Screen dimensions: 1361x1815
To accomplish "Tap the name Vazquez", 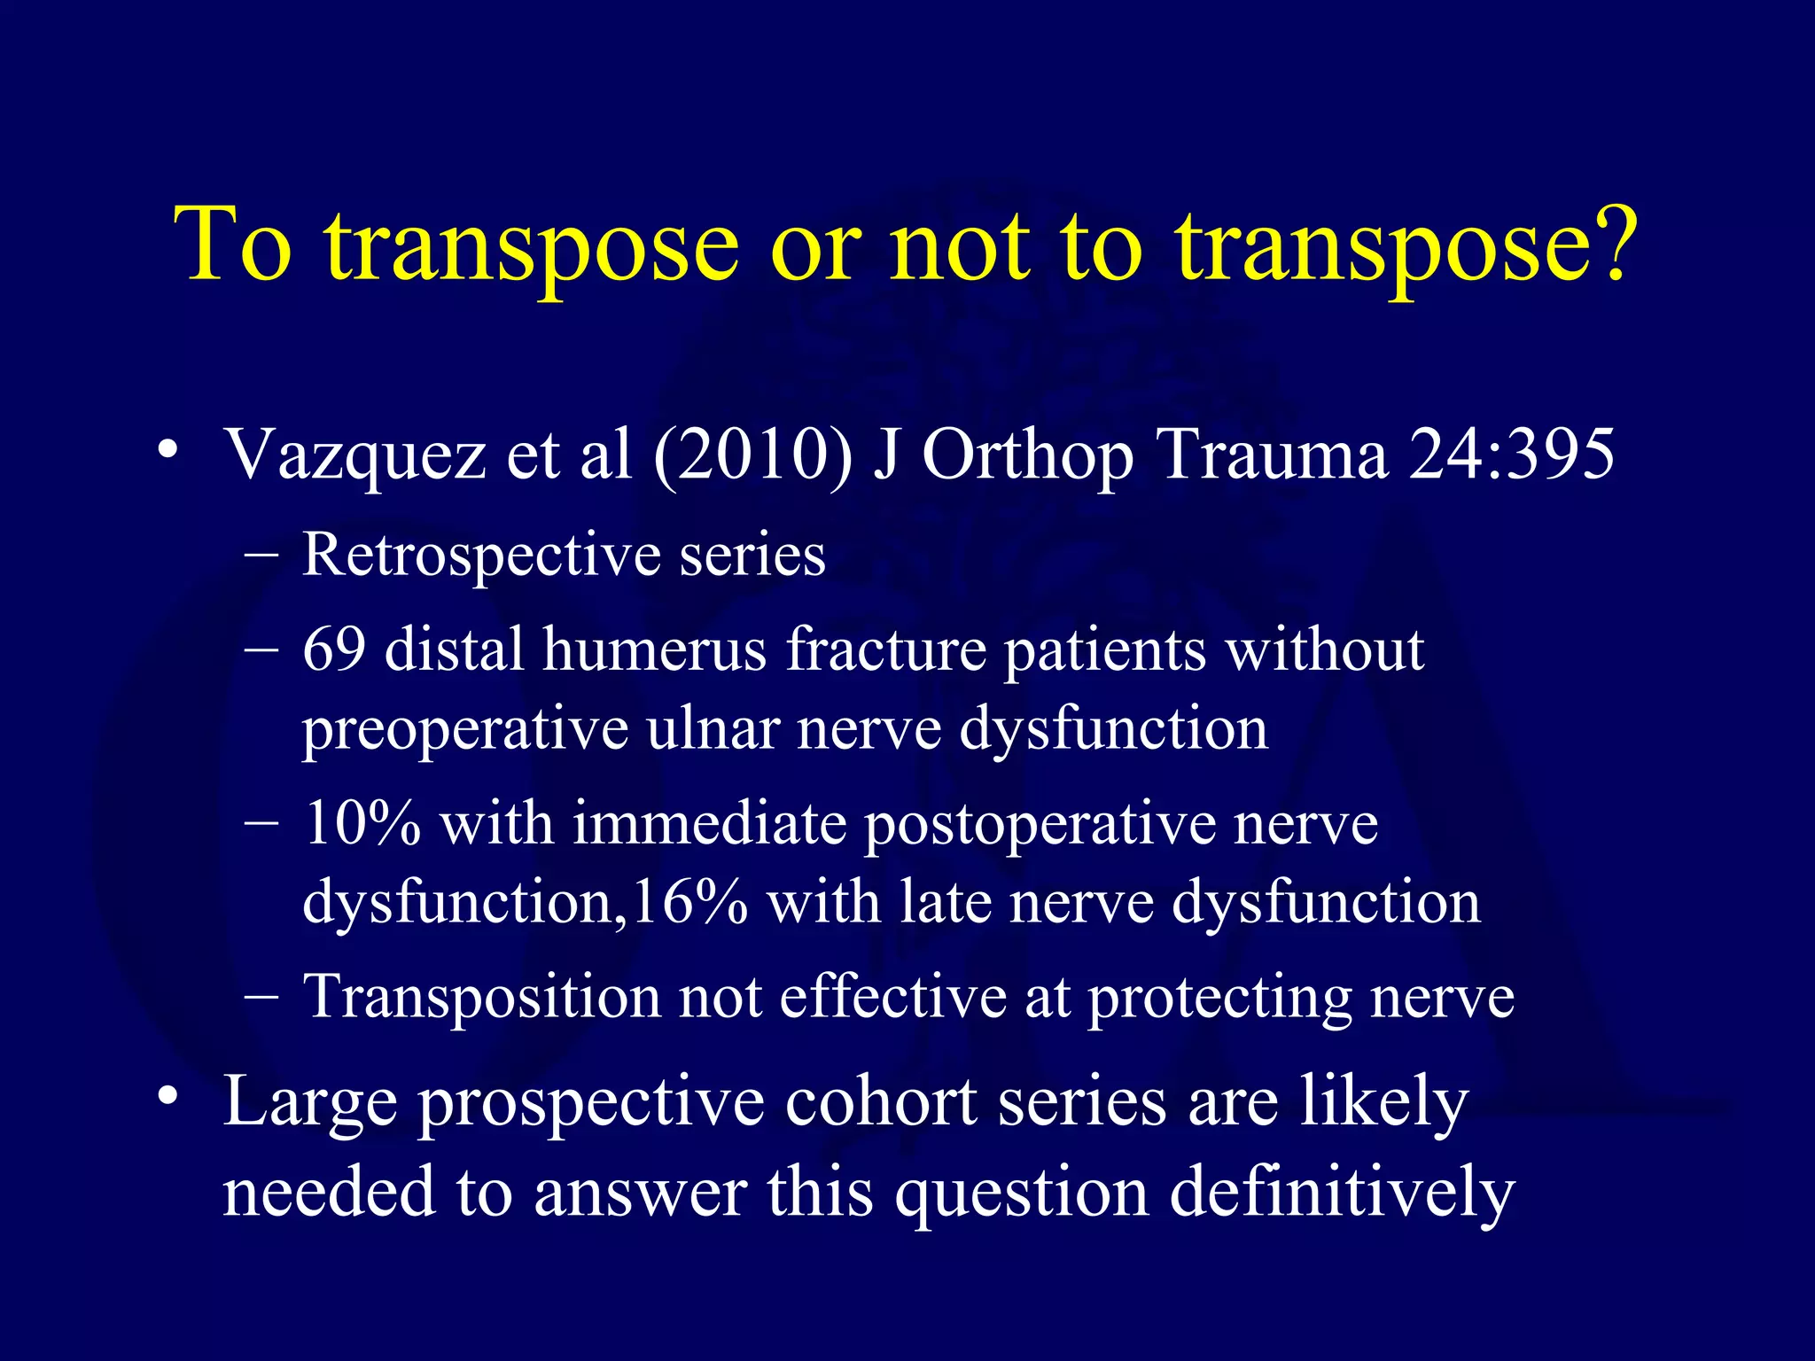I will click(x=355, y=455).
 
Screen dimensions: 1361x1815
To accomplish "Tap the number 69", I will click(x=334, y=649).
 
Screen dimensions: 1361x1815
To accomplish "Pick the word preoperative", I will click(x=465, y=730).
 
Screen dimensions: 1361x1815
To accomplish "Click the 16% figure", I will click(x=690, y=902).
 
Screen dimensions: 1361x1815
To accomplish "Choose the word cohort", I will click(x=881, y=1102).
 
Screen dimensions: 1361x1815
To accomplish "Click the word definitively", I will click(x=1342, y=1193).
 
